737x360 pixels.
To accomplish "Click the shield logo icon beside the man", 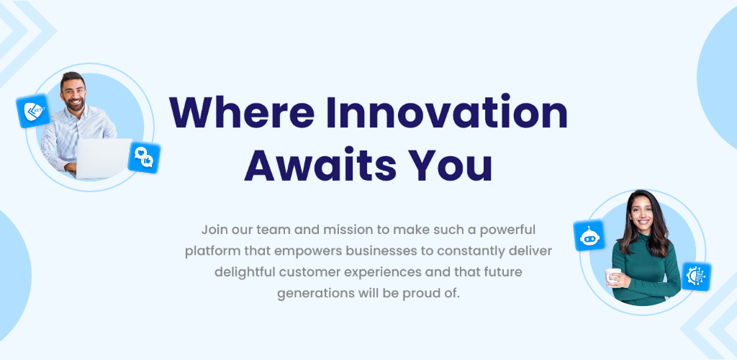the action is tap(33, 111).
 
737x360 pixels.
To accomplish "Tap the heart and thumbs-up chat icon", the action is tap(144, 158).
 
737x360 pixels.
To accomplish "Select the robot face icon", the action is tap(589, 235).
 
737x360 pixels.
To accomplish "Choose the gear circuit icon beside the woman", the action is tap(696, 276).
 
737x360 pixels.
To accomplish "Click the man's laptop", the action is tap(104, 158).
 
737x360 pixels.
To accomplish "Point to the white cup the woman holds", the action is tap(612, 276).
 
